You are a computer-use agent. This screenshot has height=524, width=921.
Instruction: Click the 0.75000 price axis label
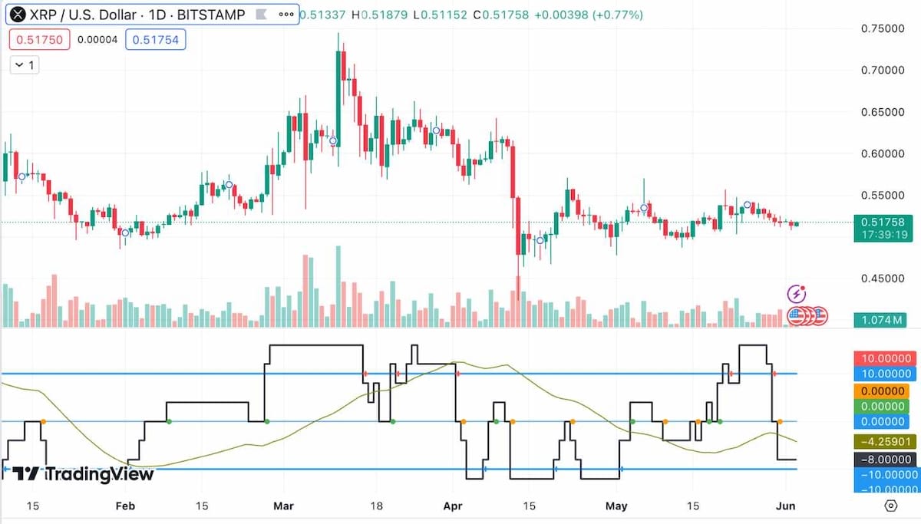coord(883,28)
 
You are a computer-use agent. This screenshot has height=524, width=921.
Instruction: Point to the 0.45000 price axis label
coord(883,278)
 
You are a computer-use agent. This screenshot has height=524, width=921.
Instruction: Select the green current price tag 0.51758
coord(883,222)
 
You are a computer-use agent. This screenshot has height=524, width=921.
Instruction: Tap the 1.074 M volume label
coord(883,319)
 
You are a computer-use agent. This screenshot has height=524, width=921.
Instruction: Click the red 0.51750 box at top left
coord(38,39)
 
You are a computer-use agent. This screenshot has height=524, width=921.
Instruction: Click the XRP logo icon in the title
coord(17,15)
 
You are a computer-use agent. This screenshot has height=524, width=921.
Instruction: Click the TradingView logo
coord(84,474)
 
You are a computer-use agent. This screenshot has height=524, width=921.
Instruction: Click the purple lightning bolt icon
coord(797,293)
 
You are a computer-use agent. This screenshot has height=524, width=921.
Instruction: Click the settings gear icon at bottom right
coord(890,506)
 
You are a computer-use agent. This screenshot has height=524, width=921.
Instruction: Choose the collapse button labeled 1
coord(25,65)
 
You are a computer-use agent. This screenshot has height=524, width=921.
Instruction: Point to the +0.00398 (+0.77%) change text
coord(589,15)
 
